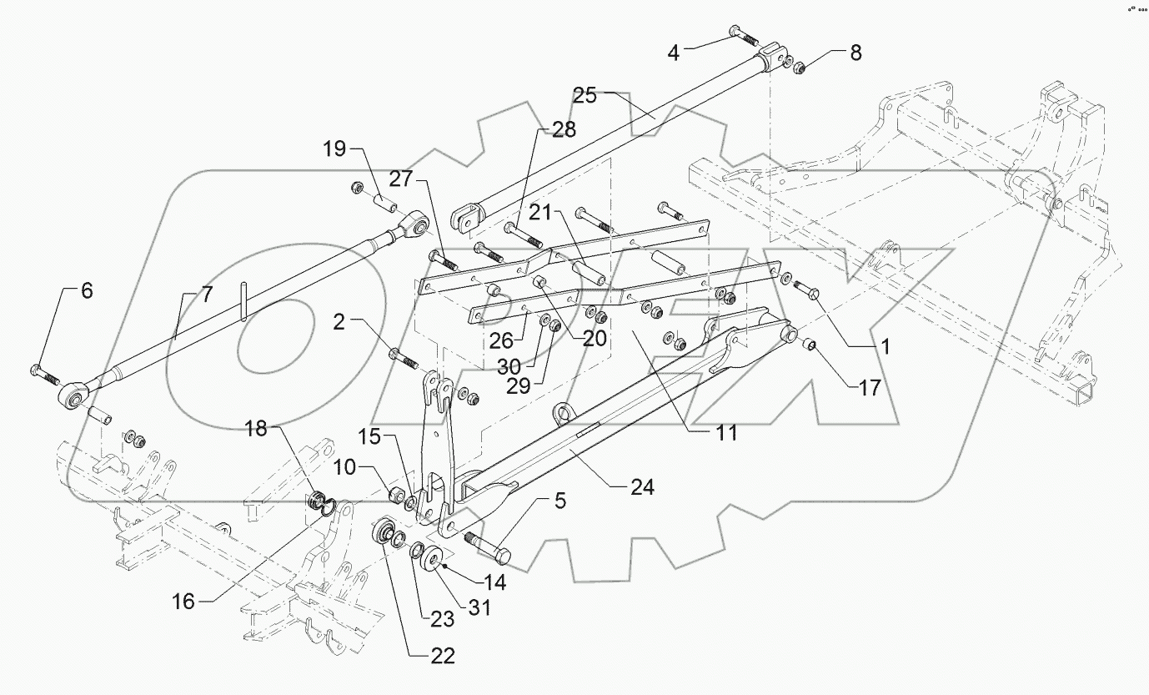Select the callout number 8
(x=855, y=52)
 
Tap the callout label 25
(x=585, y=95)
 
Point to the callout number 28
(x=563, y=129)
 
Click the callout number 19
(x=334, y=151)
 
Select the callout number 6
(x=87, y=291)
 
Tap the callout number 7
(x=205, y=295)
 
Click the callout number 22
(x=443, y=656)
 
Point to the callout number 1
(x=886, y=346)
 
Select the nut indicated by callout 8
(x=796, y=67)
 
